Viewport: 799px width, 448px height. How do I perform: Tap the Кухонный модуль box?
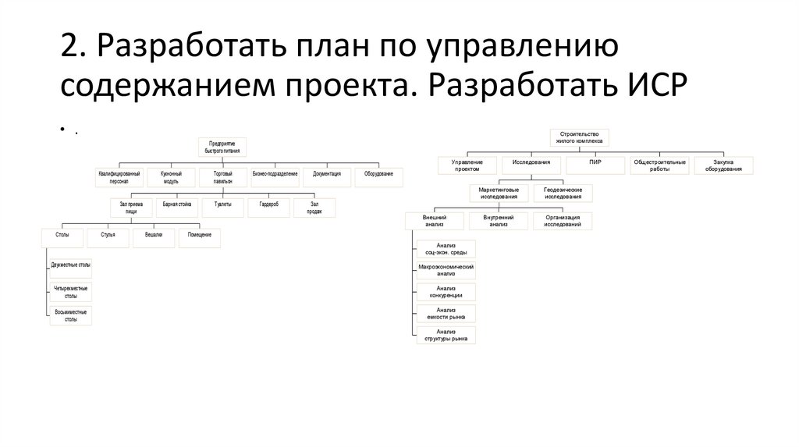pyautogui.click(x=170, y=176)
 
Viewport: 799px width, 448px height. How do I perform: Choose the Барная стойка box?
pyautogui.click(x=177, y=204)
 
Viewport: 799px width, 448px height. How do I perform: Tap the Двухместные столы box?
pyautogui.click(x=69, y=265)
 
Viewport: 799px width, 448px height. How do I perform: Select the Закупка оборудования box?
pyautogui.click(x=723, y=165)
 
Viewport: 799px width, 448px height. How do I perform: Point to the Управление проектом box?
pyautogui.click(x=467, y=165)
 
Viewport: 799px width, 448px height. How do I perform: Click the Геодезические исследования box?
pyautogui.click(x=563, y=192)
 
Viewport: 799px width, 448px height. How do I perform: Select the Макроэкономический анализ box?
pyautogui.click(x=446, y=270)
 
